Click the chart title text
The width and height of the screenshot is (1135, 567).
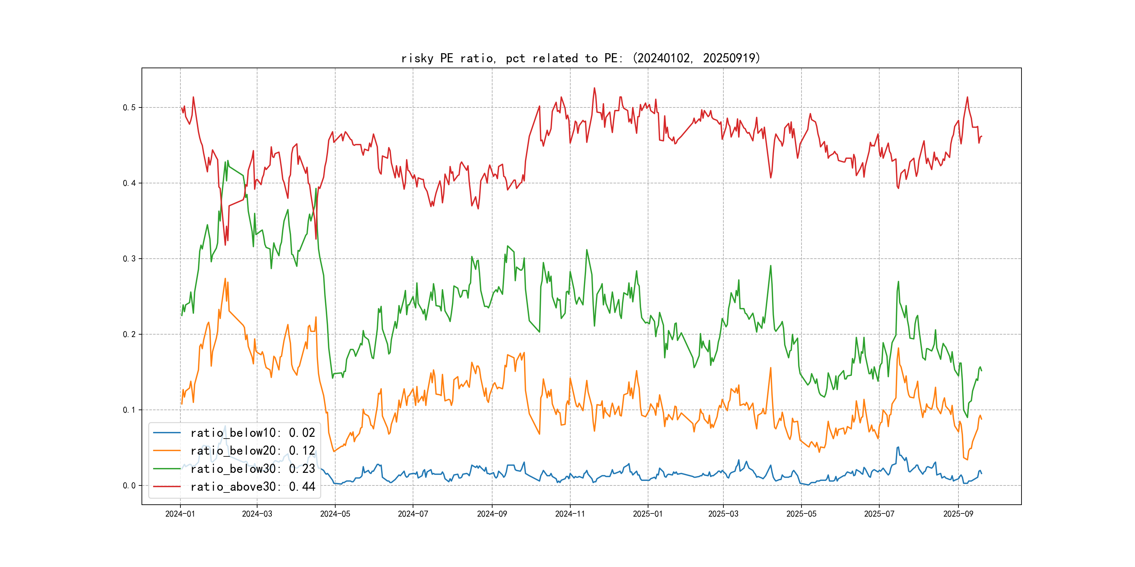(x=581, y=58)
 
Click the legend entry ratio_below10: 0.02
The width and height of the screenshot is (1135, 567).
(x=253, y=433)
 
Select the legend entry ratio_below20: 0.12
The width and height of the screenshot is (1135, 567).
(x=253, y=451)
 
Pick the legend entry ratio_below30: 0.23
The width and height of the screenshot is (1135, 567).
(x=253, y=469)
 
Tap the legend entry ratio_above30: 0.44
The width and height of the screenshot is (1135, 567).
(x=253, y=487)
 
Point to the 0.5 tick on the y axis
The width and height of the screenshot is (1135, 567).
(x=129, y=107)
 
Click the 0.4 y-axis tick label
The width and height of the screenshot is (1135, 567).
(x=129, y=183)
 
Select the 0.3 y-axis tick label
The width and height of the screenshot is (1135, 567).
(x=129, y=259)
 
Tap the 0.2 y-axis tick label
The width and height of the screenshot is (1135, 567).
(x=129, y=334)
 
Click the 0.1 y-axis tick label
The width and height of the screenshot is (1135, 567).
(x=129, y=410)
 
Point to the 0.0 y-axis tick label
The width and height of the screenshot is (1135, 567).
(x=129, y=485)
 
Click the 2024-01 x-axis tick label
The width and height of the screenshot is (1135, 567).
(x=180, y=514)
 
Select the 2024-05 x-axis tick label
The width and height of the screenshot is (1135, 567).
(x=335, y=514)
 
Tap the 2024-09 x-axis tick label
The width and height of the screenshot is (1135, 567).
(x=492, y=514)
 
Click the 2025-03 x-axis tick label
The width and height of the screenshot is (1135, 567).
(x=723, y=514)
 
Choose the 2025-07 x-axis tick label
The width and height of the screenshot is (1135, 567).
(x=879, y=514)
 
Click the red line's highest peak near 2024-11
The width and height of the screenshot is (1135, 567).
(x=594, y=88)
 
